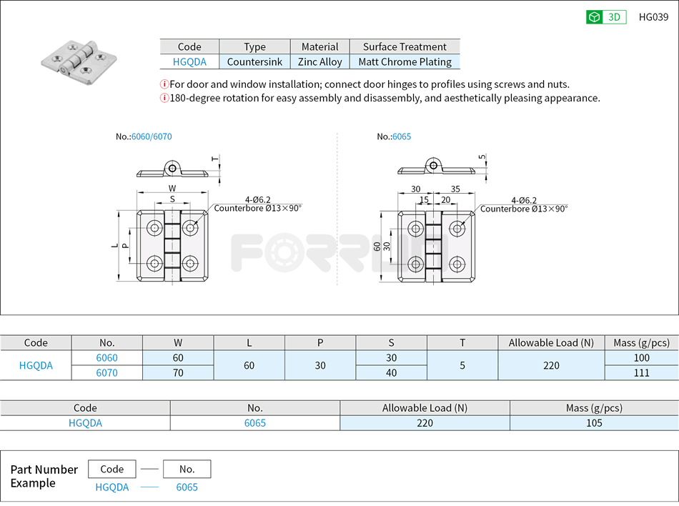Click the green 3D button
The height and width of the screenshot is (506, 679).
click(606, 17)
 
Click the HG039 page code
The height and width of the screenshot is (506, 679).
click(653, 17)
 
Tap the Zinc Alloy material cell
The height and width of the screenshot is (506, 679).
click(320, 62)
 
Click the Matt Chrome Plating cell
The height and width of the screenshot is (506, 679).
click(405, 62)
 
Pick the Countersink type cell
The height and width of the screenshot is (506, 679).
click(254, 62)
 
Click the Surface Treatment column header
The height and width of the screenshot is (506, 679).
click(405, 46)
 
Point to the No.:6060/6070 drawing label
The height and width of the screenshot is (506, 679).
click(144, 137)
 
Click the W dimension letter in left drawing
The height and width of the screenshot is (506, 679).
click(172, 189)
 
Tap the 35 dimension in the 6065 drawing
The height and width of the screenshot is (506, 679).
click(455, 189)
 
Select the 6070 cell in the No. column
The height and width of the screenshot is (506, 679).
click(107, 372)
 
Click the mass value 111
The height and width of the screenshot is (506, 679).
click(641, 372)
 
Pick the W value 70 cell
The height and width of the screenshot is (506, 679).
click(178, 372)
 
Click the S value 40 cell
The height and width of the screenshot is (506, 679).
click(391, 372)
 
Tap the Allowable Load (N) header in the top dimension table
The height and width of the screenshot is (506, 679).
click(551, 342)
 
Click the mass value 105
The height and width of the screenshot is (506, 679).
click(593, 422)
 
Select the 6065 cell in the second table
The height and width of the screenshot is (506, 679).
click(255, 422)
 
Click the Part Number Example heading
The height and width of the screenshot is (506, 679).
click(44, 476)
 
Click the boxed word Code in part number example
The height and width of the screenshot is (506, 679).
click(112, 469)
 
